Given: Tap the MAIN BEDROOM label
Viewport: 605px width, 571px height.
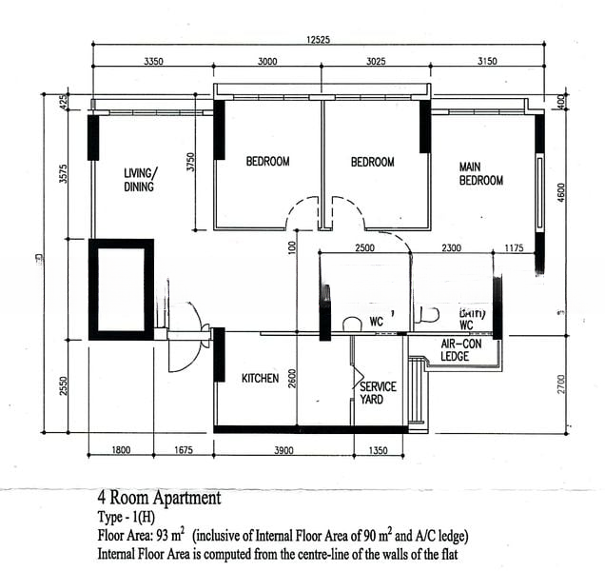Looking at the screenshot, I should click(480, 173).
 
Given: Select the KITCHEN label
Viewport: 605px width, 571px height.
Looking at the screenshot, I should click(260, 379).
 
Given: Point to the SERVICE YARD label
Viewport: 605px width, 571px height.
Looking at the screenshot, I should click(377, 393).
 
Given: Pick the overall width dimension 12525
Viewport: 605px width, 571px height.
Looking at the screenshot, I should click(318, 39).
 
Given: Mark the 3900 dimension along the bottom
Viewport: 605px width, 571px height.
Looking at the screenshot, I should click(283, 450).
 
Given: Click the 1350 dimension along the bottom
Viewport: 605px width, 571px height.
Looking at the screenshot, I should click(378, 450).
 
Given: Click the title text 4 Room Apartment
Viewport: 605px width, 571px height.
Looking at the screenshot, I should click(159, 497).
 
